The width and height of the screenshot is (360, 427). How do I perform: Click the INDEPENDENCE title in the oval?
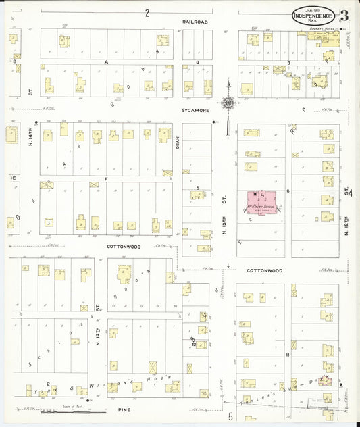313,15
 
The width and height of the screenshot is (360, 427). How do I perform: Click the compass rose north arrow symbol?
228,101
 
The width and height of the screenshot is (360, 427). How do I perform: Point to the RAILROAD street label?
195,22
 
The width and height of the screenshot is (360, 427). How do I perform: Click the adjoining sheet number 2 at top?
147,12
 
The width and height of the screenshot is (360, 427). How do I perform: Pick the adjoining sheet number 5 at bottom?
230,416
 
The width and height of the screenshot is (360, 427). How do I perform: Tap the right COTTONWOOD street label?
263,270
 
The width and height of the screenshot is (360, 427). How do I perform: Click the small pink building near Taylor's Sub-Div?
326,380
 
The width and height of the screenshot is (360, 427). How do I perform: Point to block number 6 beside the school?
287,191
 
